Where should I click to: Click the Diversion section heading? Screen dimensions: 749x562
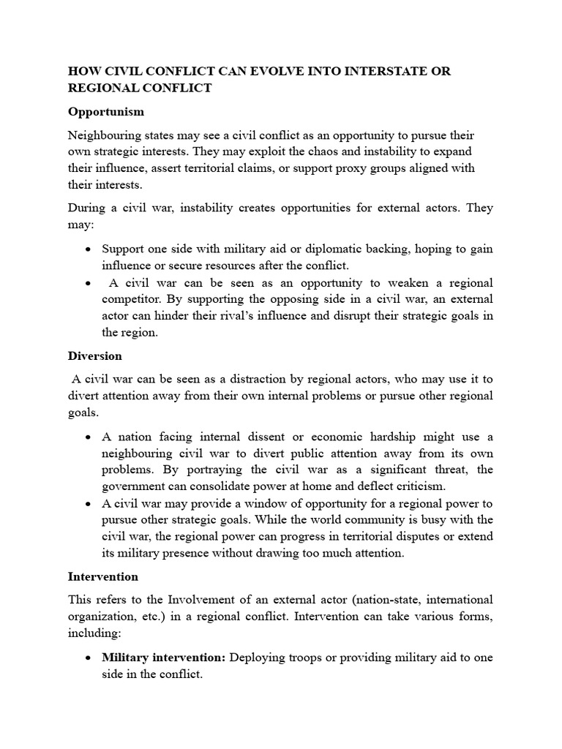pos(95,356)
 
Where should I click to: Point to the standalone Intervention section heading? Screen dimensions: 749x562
pos(103,577)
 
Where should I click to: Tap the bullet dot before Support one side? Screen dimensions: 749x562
pos(88,249)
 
